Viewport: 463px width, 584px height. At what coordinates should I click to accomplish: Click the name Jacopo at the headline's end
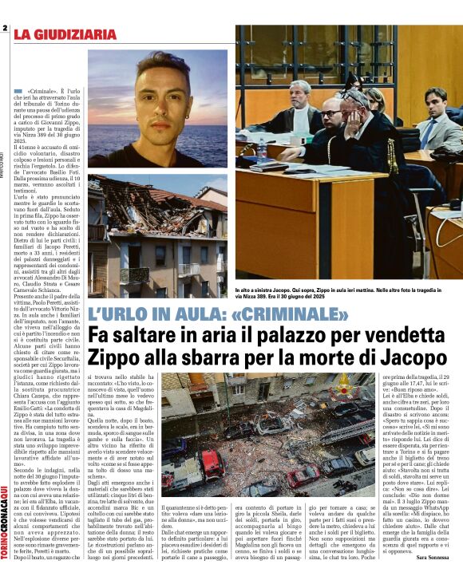pyautogui.click(x=414, y=358)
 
